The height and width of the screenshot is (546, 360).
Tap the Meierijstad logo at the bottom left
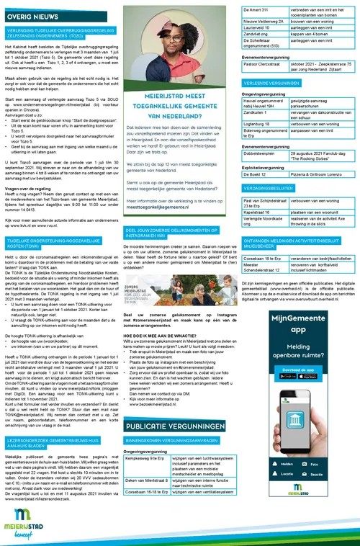32,521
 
